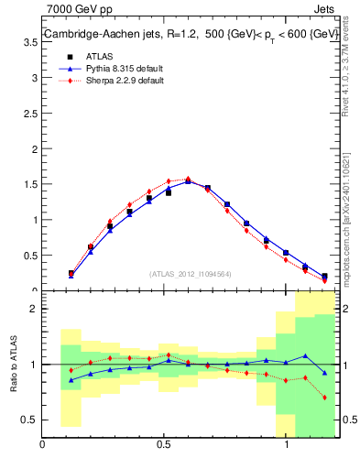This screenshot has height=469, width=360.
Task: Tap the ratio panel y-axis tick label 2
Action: pyautogui.click(x=32, y=309)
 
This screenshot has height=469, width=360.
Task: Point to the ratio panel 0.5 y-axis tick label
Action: pyautogui.click(x=28, y=420)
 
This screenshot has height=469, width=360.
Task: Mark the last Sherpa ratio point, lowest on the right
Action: pyautogui.click(x=324, y=398)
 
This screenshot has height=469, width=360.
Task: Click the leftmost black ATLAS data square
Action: pyautogui.click(x=71, y=273)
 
